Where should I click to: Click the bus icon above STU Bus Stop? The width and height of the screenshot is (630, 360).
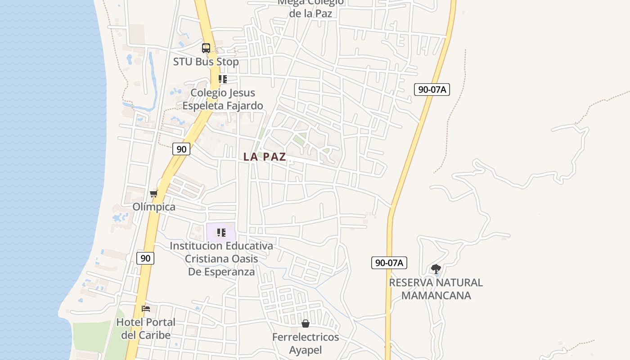pyautogui.click(x=206, y=48)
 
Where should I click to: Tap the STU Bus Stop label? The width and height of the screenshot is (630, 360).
pyautogui.click(x=206, y=62)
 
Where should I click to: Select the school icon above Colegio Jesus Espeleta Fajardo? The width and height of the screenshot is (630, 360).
pyautogui.click(x=222, y=80)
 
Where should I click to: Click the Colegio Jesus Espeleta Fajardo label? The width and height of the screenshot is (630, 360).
pyautogui.click(x=223, y=99)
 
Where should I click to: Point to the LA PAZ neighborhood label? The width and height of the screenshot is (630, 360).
pyautogui.click(x=265, y=157)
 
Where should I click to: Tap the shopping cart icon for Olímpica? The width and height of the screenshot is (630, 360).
pyautogui.click(x=154, y=194)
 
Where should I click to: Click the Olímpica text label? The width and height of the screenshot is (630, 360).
pyautogui.click(x=154, y=207)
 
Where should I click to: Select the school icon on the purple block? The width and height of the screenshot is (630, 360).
pyautogui.click(x=221, y=233)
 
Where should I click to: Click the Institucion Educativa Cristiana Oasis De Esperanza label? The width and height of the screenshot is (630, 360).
pyautogui.click(x=221, y=259)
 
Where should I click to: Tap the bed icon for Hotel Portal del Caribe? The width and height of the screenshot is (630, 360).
pyautogui.click(x=146, y=309)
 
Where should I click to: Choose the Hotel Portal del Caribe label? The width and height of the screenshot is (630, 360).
pyautogui.click(x=146, y=329)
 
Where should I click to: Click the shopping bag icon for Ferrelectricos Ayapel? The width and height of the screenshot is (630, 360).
pyautogui.click(x=306, y=324)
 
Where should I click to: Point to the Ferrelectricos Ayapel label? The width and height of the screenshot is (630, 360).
pyautogui.click(x=306, y=343)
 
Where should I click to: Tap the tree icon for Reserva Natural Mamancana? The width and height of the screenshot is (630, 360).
pyautogui.click(x=436, y=269)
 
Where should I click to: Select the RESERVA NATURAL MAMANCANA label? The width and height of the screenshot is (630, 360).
pyautogui.click(x=436, y=289)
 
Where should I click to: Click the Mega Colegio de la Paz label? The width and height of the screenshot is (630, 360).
pyautogui.click(x=310, y=8)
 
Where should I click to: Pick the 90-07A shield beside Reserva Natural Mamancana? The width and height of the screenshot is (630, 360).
pyautogui.click(x=389, y=263)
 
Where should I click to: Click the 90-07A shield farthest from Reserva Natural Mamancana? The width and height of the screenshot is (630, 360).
pyautogui.click(x=432, y=90)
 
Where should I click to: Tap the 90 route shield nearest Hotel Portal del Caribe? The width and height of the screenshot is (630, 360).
pyautogui.click(x=145, y=258)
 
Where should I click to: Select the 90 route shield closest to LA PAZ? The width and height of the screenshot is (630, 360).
pyautogui.click(x=181, y=149)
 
